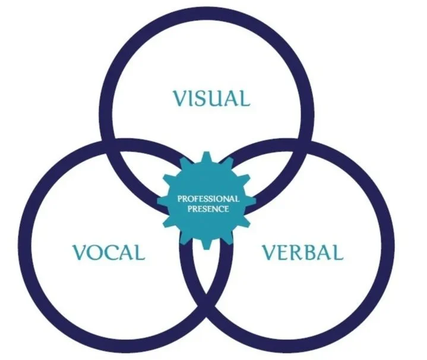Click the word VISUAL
click(211, 97)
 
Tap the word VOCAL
click(109, 252)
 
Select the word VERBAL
click(303, 252)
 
